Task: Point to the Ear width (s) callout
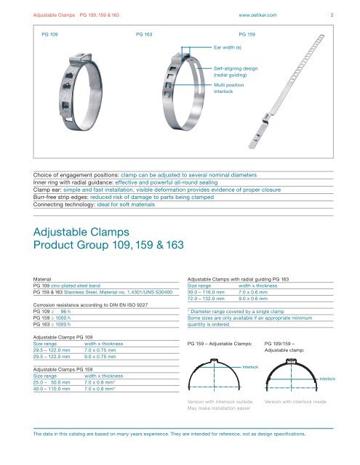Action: pyautogui.click(x=228, y=46)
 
